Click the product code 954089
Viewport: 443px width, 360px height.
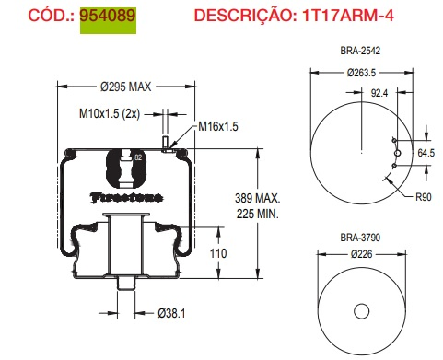click(x=106, y=17)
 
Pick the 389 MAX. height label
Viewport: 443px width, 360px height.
click(x=258, y=198)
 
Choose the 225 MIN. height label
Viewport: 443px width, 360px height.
click(x=258, y=214)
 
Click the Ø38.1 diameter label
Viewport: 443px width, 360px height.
click(x=171, y=314)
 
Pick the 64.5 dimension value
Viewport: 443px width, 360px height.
click(x=426, y=152)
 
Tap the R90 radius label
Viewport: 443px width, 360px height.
click(x=424, y=196)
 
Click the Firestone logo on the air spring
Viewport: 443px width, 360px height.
click(x=125, y=196)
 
